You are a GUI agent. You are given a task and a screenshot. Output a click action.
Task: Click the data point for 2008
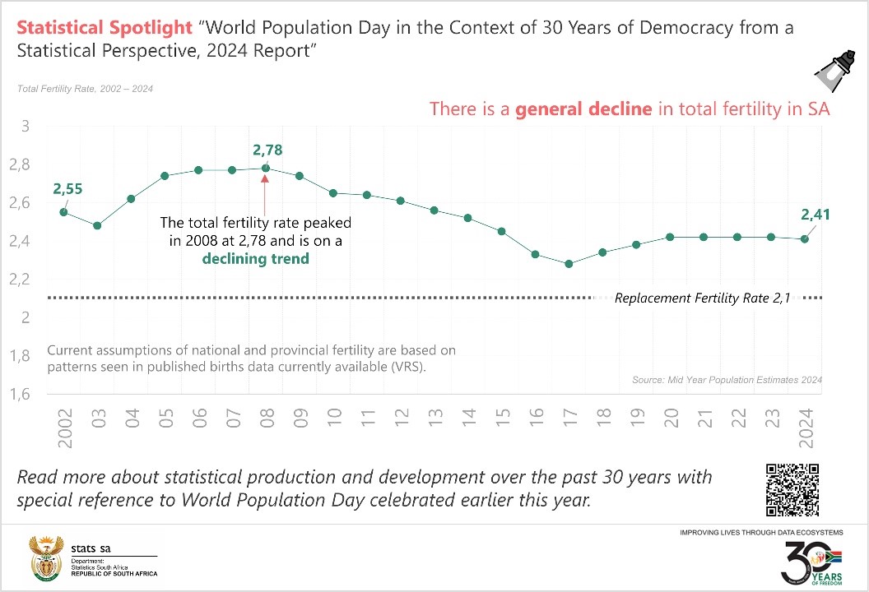[x=266, y=169]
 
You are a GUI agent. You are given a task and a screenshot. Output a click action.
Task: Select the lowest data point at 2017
[x=569, y=264]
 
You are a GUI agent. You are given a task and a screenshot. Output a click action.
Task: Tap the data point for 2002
[x=63, y=212]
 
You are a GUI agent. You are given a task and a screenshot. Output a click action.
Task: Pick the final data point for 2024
[x=805, y=238]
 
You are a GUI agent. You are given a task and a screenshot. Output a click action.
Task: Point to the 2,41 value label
[x=815, y=215]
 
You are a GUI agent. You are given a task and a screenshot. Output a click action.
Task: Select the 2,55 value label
[x=68, y=189]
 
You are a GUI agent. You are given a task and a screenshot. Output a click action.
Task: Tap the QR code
[x=792, y=489]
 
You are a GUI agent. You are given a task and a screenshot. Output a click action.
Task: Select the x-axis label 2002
[x=65, y=428]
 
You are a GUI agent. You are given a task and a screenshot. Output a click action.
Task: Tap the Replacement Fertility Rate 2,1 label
[x=702, y=298]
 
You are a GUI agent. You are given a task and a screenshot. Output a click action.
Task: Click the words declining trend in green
[x=257, y=258]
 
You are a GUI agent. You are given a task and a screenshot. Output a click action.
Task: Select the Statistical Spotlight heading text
[x=105, y=28]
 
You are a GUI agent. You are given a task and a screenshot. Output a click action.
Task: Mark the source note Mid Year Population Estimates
[x=727, y=380]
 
